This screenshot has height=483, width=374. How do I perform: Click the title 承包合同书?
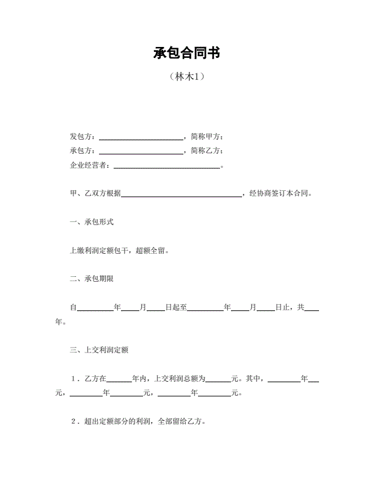click(186, 53)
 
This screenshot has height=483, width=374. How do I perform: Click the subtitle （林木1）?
click(186, 77)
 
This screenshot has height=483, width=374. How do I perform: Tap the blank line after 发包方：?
click(141, 137)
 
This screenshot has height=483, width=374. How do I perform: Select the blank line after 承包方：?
click(141, 151)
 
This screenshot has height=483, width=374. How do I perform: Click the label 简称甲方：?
click(207, 137)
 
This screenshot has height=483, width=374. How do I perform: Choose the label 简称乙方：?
click(207, 151)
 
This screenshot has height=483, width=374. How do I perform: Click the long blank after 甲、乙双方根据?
click(182, 194)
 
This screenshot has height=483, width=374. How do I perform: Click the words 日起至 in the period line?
click(176, 307)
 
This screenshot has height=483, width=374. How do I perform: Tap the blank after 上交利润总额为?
click(218, 379)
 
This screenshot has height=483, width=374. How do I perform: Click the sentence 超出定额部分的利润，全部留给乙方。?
click(145, 421)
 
